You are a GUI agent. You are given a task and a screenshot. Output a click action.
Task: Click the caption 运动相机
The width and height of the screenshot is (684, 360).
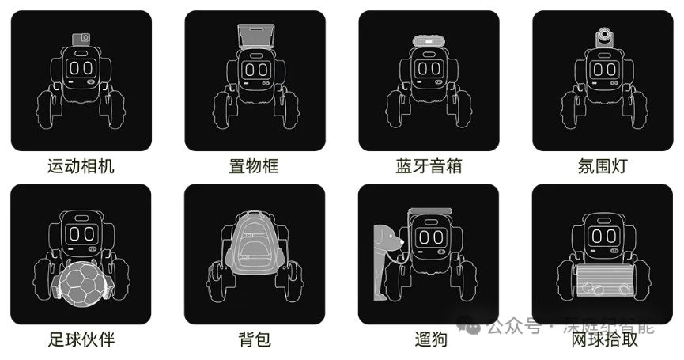[81, 166]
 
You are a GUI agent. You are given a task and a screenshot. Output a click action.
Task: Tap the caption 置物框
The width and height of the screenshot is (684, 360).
[255, 166]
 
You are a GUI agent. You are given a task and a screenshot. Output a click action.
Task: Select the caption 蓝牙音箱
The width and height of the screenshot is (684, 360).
[429, 166]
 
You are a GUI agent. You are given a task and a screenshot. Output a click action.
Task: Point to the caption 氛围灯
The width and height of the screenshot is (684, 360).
[603, 166]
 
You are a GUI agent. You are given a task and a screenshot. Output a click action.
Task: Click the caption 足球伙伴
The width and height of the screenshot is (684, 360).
[81, 340]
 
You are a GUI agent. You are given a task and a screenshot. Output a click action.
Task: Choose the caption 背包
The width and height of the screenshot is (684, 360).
[255, 340]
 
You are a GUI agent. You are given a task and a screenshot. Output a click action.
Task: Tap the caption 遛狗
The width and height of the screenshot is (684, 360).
[429, 340]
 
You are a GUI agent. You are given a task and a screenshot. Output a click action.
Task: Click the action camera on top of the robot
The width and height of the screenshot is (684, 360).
[81, 37]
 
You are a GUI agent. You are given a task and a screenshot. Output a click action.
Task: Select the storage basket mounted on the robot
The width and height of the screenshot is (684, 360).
[255, 37]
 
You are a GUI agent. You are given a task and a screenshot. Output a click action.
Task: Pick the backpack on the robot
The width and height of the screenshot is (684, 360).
[255, 241]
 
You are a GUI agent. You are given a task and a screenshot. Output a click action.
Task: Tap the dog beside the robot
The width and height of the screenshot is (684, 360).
[387, 253]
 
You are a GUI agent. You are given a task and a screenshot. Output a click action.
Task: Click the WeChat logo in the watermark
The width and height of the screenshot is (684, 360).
[472, 326]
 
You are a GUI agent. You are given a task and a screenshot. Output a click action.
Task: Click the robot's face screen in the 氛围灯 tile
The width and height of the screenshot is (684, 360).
[603, 69]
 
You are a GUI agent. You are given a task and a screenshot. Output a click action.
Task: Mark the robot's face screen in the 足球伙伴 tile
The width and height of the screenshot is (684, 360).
[81, 234]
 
